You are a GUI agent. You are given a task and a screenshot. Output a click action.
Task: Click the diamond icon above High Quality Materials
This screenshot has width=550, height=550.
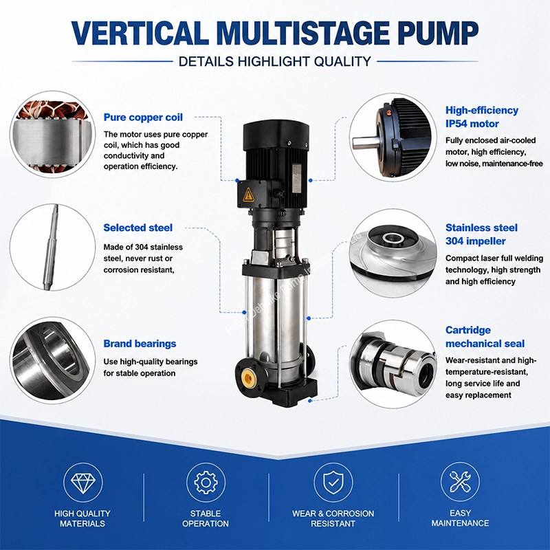point(82,483)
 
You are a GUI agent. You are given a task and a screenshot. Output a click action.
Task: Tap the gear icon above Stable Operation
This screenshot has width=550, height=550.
point(206,483)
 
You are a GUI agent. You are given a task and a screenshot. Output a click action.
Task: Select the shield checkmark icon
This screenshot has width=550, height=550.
point(333,483)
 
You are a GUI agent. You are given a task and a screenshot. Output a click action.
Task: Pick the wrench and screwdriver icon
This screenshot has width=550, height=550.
point(460,481)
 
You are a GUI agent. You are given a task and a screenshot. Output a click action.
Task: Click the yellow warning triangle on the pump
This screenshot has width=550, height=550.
point(248,195)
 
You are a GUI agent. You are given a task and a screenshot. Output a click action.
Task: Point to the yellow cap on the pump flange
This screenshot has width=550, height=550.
point(248,377)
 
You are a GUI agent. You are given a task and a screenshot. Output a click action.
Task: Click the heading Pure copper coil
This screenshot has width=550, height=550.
point(143,118)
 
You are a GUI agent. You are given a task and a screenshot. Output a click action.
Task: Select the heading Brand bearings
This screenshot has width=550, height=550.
point(140,343)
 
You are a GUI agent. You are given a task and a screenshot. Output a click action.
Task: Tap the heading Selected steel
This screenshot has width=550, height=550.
point(138,228)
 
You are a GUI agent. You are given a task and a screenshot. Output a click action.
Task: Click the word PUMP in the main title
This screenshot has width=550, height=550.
point(438,32)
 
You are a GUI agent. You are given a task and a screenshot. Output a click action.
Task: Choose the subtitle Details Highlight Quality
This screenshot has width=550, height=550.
point(274,61)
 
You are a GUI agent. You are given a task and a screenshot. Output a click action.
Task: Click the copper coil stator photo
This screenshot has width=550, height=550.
point(53,135)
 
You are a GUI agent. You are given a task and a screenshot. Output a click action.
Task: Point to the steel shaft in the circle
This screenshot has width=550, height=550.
point(51,247)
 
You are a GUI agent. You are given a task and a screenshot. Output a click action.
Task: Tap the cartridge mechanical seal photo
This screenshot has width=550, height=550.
point(393,365)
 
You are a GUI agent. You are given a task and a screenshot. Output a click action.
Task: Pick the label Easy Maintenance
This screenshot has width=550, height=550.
point(460,518)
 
